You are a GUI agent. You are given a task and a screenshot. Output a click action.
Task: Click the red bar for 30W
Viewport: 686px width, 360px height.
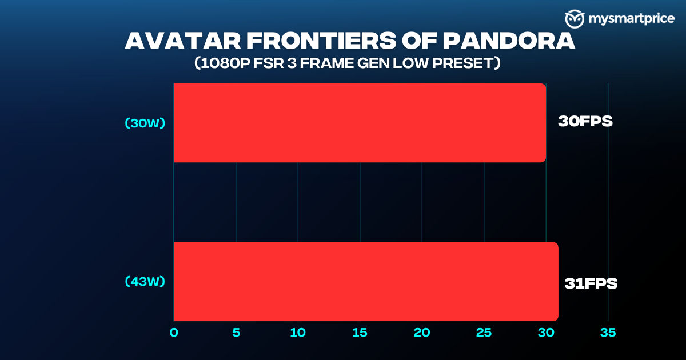click(x=360, y=123)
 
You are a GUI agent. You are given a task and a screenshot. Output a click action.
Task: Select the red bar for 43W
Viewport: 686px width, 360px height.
click(x=366, y=282)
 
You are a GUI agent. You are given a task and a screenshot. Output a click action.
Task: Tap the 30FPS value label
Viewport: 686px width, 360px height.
click(x=585, y=121)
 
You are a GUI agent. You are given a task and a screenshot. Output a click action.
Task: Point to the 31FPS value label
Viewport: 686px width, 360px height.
click(x=591, y=283)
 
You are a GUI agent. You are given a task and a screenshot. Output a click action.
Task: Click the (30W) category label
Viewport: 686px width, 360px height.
click(x=145, y=123)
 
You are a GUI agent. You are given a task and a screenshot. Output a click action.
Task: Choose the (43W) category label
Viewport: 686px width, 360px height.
click(x=145, y=281)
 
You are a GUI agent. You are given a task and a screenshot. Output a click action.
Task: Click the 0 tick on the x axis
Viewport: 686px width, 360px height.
click(x=174, y=333)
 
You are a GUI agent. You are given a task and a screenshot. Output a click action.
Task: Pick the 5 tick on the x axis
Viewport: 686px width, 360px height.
click(x=236, y=333)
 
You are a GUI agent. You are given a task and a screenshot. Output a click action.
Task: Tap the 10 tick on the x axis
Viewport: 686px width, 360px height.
click(x=298, y=333)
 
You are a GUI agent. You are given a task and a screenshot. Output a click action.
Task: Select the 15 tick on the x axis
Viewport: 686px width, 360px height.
click(x=360, y=333)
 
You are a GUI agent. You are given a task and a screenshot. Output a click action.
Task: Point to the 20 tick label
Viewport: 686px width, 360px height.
click(x=422, y=333)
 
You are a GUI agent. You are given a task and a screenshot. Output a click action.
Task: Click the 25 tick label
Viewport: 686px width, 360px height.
click(x=484, y=333)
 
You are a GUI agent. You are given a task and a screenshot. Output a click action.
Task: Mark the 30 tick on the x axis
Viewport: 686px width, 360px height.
click(x=546, y=333)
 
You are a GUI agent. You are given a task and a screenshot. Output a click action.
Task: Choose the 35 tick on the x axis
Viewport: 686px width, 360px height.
click(x=608, y=333)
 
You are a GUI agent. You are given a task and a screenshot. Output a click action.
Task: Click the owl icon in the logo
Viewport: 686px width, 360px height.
click(x=575, y=19)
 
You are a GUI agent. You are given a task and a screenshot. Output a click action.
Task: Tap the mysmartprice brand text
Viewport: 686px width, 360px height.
click(x=632, y=19)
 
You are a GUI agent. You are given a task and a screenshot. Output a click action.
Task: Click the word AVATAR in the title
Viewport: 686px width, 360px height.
click(x=183, y=41)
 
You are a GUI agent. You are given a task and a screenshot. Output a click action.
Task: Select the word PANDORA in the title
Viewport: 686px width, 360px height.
click(x=509, y=41)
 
